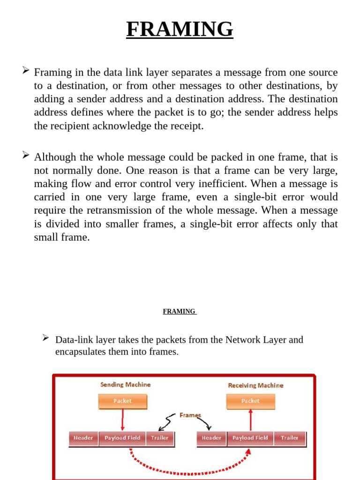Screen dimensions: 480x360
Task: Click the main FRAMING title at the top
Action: [x=180, y=30]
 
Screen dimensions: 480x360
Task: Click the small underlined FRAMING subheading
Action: [x=180, y=311]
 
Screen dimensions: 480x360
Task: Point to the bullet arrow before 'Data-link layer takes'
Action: [x=46, y=337]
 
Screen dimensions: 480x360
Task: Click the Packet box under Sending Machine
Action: [x=122, y=401]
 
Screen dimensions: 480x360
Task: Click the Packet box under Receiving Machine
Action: [x=250, y=401]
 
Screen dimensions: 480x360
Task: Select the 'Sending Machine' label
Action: [x=125, y=384]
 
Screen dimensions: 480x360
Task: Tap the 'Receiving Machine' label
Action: [x=255, y=385]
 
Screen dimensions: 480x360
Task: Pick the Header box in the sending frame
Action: [x=83, y=438]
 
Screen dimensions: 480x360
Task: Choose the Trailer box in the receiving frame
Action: [x=290, y=438]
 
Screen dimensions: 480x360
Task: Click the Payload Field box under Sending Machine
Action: [x=122, y=438]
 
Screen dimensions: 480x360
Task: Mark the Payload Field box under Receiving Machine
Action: [x=250, y=438]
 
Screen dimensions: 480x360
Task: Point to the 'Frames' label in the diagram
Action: [x=190, y=415]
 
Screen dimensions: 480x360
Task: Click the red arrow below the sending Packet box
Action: [x=122, y=420]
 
